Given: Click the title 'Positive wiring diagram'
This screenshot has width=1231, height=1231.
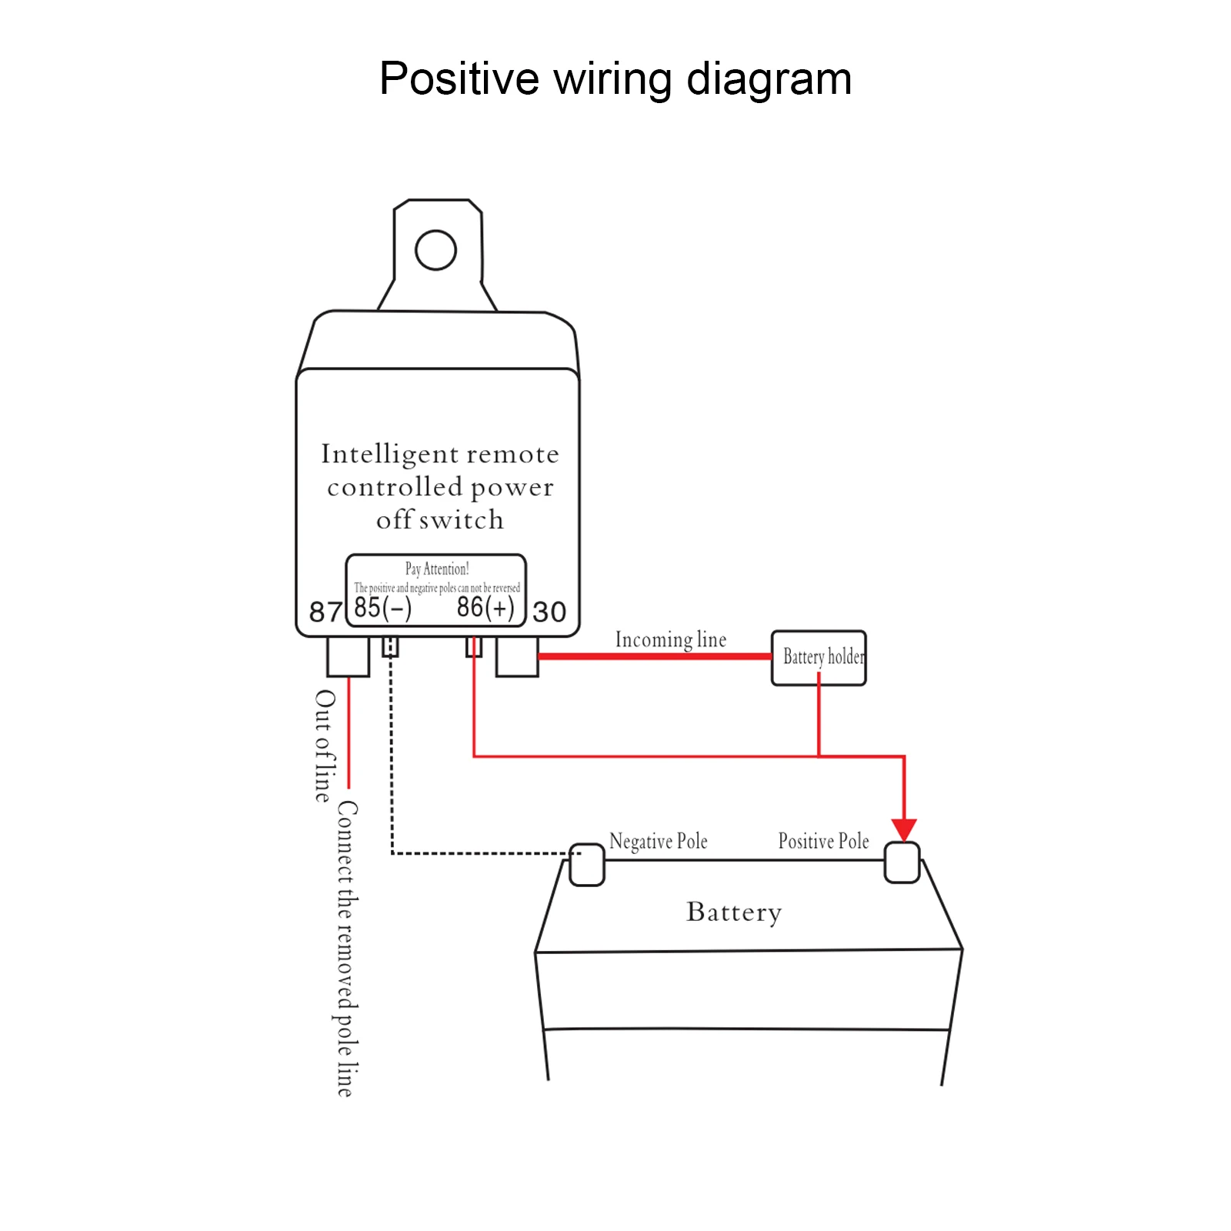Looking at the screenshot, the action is tap(615, 78).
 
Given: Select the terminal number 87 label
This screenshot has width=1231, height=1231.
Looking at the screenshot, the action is tap(325, 612).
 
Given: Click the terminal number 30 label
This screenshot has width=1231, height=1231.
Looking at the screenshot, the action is tap(549, 612).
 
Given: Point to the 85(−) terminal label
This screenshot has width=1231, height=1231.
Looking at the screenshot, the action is tap(382, 607).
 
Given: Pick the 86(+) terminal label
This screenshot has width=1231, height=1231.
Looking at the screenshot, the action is tap(485, 607).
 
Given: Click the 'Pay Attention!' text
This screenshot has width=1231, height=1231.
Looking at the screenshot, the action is tap(437, 569).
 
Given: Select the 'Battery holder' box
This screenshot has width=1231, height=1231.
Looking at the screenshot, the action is tap(819, 658).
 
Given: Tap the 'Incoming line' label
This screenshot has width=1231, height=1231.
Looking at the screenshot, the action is tap(670, 639).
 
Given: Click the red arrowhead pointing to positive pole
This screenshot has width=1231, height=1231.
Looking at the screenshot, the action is tap(904, 829).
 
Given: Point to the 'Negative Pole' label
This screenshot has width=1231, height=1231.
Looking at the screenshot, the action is tap(658, 841).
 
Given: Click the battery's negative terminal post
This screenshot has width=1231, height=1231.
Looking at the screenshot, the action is tap(587, 865).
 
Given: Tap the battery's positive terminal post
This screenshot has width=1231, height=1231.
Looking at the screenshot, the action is tap(902, 862).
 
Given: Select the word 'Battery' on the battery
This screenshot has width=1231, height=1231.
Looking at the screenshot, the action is tap(734, 912).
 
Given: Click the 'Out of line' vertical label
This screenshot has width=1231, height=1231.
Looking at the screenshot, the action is tap(325, 746).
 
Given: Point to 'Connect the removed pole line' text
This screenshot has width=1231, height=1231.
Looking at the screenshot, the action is tap(347, 949).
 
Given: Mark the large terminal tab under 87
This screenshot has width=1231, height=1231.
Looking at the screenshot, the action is tap(349, 656).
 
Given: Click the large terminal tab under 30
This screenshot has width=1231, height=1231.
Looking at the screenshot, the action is tap(517, 656).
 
